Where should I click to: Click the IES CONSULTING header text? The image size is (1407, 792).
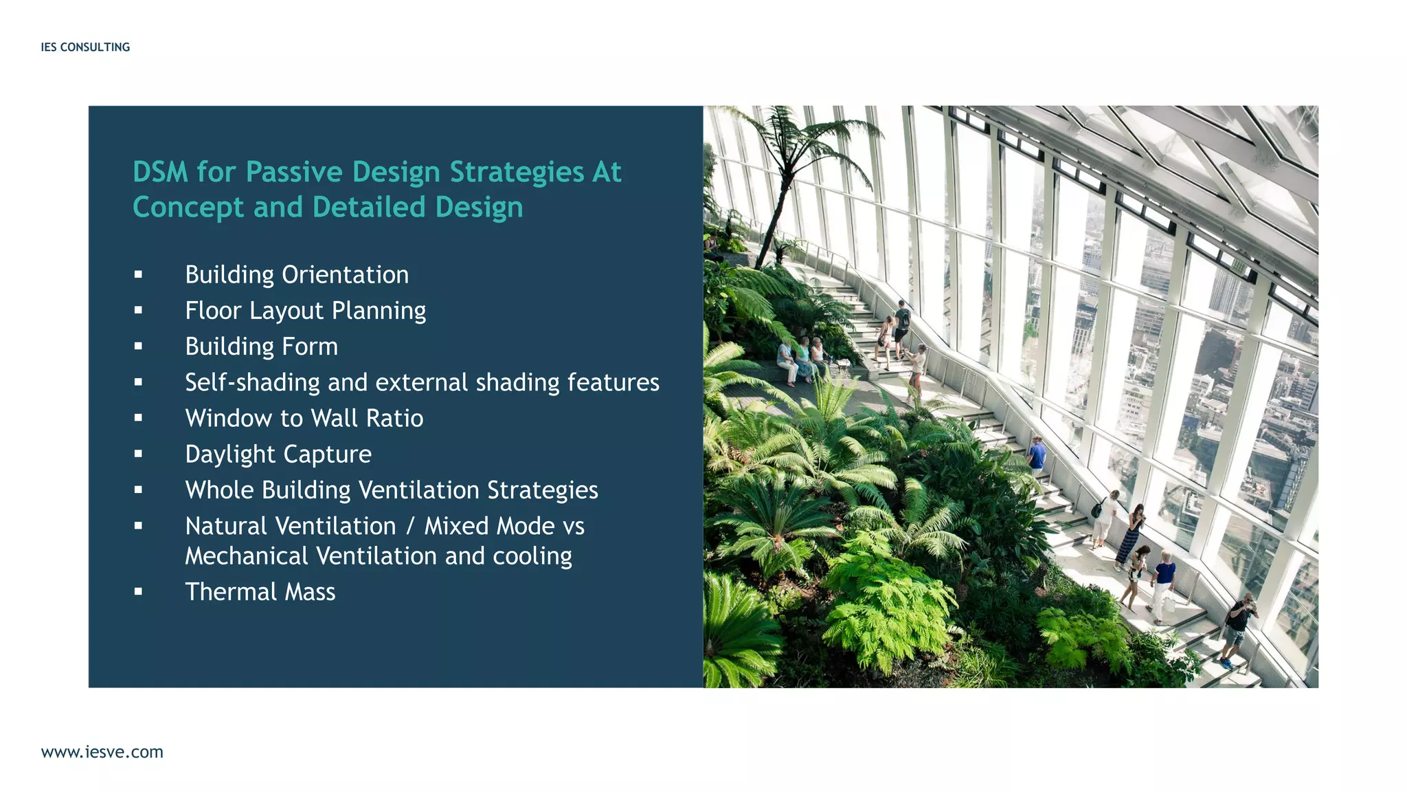(85, 47)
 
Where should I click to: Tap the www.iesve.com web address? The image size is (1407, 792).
(102, 751)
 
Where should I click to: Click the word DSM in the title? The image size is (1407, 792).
(160, 172)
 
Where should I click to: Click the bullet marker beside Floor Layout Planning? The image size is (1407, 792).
(138, 311)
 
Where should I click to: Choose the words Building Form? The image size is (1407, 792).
(261, 346)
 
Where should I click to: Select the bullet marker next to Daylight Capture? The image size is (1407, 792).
(138, 454)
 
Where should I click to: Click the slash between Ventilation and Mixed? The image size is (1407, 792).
(410, 527)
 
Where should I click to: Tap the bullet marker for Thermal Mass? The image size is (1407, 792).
(138, 592)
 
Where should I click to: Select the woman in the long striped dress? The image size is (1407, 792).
(1129, 536)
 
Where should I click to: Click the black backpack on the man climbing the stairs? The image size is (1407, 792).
(905, 319)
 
